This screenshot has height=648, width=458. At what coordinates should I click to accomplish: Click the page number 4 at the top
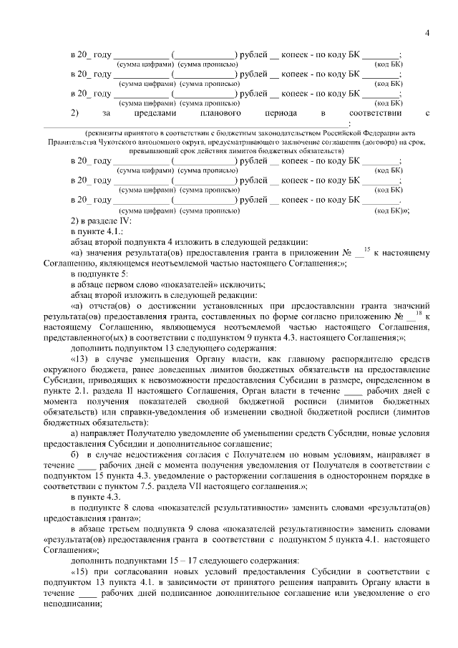tap(427, 33)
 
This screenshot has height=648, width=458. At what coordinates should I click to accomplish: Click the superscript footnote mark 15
tap(366, 248)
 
